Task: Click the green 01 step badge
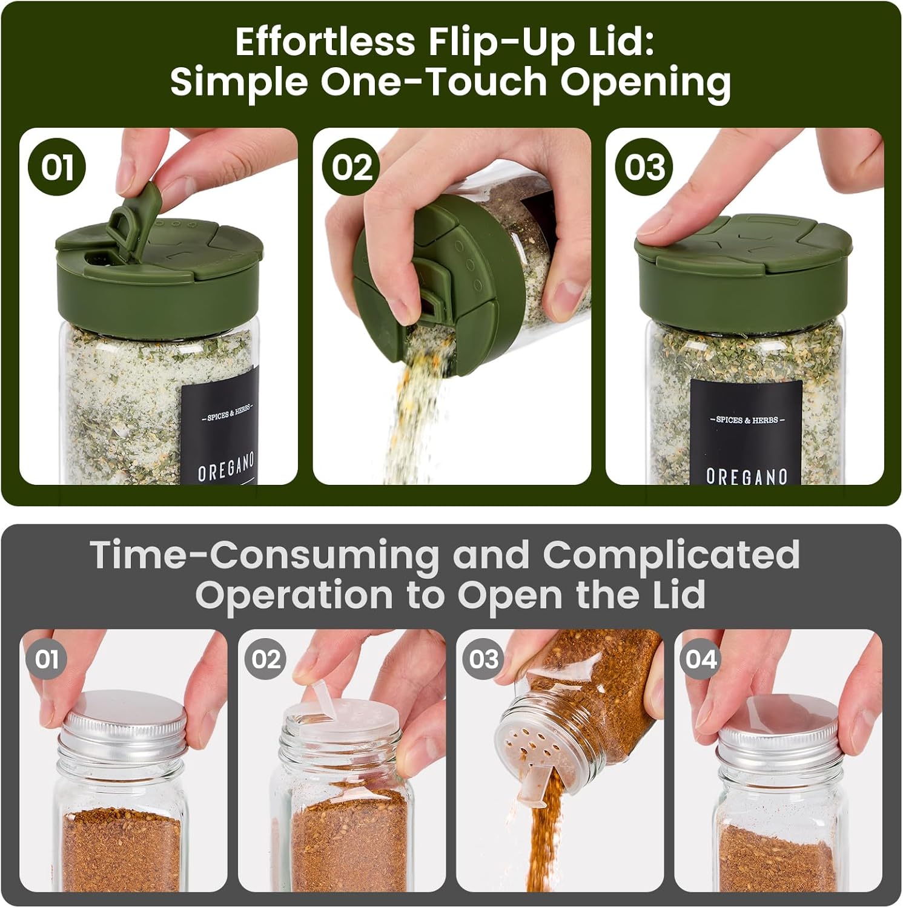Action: click(x=57, y=166)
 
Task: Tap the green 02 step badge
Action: click(x=351, y=166)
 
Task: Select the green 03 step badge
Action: click(x=644, y=166)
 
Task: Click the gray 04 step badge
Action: click(x=701, y=659)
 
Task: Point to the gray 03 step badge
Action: click(x=483, y=659)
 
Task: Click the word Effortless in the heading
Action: click(x=325, y=42)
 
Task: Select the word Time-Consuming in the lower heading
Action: click(x=264, y=554)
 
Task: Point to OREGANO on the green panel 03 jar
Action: click(x=746, y=476)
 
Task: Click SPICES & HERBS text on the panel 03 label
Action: click(x=747, y=419)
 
